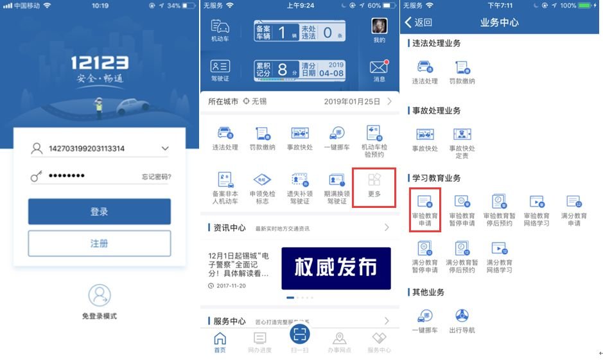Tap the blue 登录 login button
[x=99, y=211]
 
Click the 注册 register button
[x=99, y=243]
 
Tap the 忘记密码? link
[x=156, y=177]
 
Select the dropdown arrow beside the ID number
[x=165, y=149]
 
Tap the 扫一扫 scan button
[x=300, y=334]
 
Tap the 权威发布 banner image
[x=335, y=268]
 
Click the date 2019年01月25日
[x=352, y=101]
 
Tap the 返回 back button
[x=419, y=22]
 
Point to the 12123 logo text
[x=99, y=63]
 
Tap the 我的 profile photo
[x=379, y=26]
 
